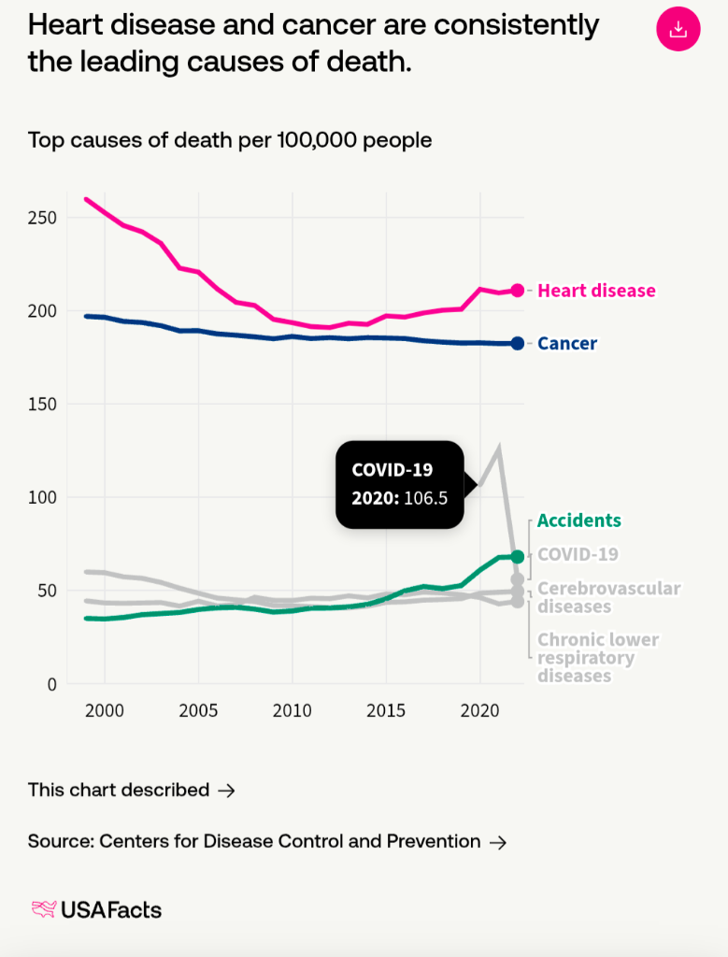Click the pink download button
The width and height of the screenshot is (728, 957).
[x=678, y=29]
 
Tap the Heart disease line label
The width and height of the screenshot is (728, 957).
[x=596, y=291]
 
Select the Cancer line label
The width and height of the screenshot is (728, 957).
[x=567, y=344]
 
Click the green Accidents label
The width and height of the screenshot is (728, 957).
[x=579, y=521]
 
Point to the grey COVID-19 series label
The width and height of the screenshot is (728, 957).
[x=578, y=554]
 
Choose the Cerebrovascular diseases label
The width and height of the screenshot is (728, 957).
[x=608, y=597]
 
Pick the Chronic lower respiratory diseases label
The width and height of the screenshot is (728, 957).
[x=598, y=657]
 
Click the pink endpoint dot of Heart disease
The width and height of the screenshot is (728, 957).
[x=518, y=291]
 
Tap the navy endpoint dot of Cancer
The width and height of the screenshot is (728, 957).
[x=518, y=344]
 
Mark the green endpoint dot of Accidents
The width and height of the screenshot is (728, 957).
[x=518, y=556]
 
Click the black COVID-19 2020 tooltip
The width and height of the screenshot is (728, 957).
[x=400, y=484]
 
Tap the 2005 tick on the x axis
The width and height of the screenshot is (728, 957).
[x=199, y=711]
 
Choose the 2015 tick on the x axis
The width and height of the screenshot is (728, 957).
[x=386, y=711]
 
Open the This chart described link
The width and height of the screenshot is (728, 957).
[x=131, y=790]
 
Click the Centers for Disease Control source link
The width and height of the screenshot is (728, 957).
[x=266, y=841]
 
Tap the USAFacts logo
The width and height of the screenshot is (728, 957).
[x=96, y=909]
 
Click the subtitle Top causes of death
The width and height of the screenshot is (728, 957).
[x=230, y=140]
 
